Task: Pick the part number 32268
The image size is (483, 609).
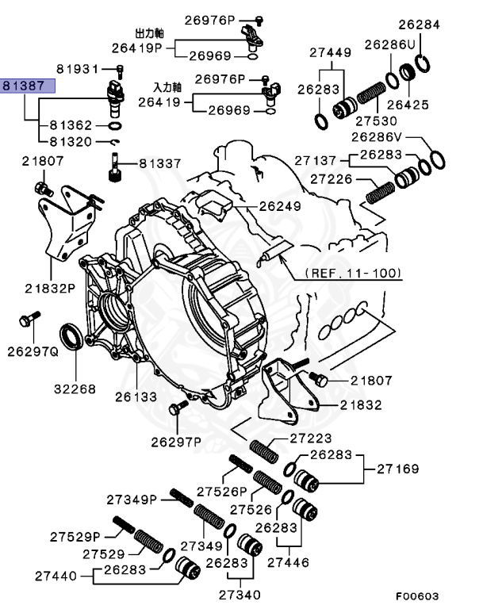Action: (x=75, y=389)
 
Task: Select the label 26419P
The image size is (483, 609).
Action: (x=136, y=48)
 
